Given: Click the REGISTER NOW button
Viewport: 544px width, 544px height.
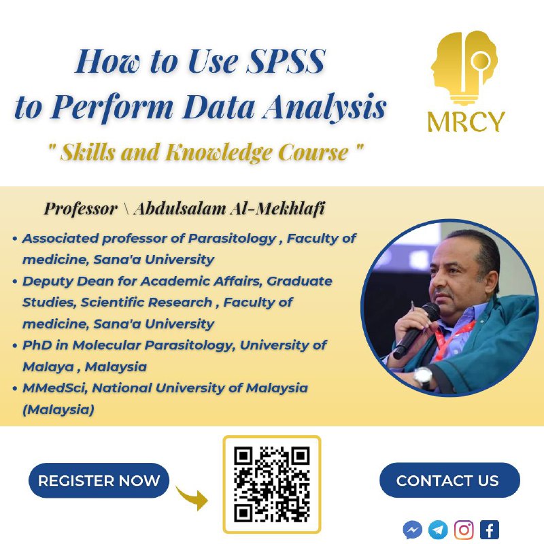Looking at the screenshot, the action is coord(99,481).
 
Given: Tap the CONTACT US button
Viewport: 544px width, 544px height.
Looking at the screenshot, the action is coord(449,480).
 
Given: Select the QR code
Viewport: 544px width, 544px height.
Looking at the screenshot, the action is coord(271,484).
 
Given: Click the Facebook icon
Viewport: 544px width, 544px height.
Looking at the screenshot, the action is coord(490,530).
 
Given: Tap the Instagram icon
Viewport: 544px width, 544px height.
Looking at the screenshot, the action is coord(464,530).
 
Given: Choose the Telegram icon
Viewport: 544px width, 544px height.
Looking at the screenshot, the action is coord(438,530).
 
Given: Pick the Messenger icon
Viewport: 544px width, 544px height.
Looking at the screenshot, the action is coord(413,530).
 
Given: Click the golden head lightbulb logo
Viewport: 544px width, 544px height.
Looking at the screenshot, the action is coord(464,67).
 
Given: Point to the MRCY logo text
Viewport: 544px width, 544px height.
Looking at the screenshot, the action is coord(466,122).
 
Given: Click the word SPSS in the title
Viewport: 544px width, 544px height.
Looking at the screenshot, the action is coord(286,61).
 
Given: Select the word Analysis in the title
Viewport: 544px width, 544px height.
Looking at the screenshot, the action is coord(324,107).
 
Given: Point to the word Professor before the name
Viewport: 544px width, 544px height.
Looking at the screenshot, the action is coord(80,209).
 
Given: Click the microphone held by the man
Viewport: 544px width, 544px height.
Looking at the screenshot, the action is coord(416,330).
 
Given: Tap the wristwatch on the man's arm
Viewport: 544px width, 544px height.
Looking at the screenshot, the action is coord(422,377).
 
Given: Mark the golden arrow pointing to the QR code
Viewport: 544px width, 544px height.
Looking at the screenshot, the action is coord(192,498).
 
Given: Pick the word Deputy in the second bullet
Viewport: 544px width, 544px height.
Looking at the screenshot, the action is coord(48,282).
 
